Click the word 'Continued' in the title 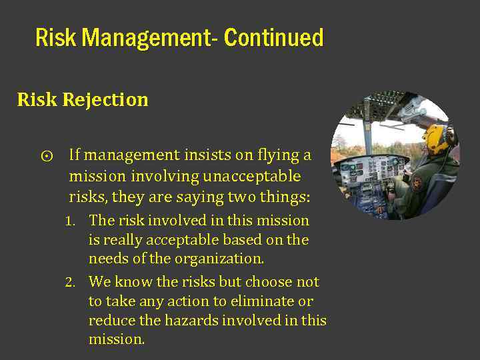click(x=273, y=38)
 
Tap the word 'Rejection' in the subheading click(x=105, y=100)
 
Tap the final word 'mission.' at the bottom click(x=117, y=339)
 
